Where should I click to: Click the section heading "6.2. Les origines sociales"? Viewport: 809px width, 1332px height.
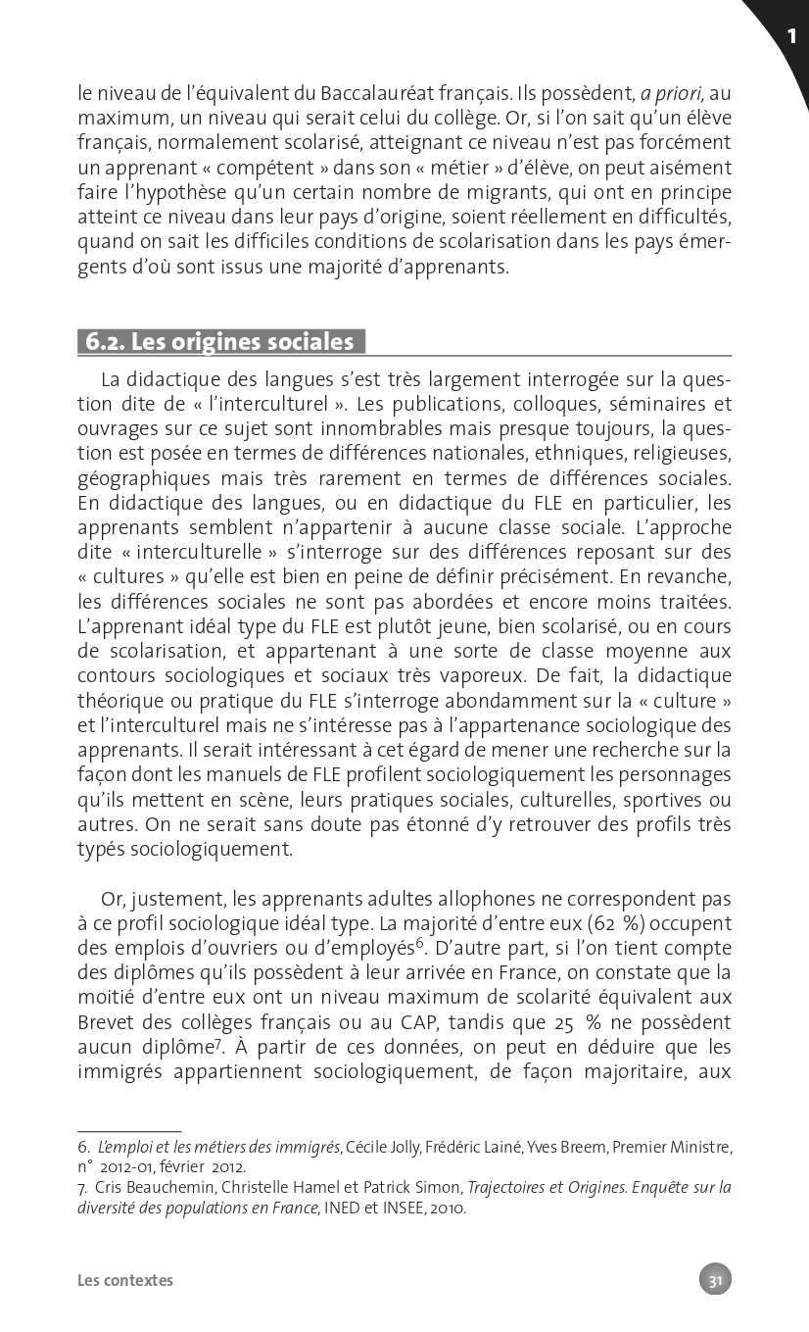(x=220, y=341)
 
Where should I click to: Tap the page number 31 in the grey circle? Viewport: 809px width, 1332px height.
(x=715, y=1279)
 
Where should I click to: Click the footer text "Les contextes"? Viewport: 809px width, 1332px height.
(x=125, y=1280)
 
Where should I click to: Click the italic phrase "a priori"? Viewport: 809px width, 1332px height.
(x=672, y=94)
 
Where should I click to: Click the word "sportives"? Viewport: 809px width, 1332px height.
(x=662, y=800)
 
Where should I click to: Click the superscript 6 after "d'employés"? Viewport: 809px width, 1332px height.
(x=419, y=944)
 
